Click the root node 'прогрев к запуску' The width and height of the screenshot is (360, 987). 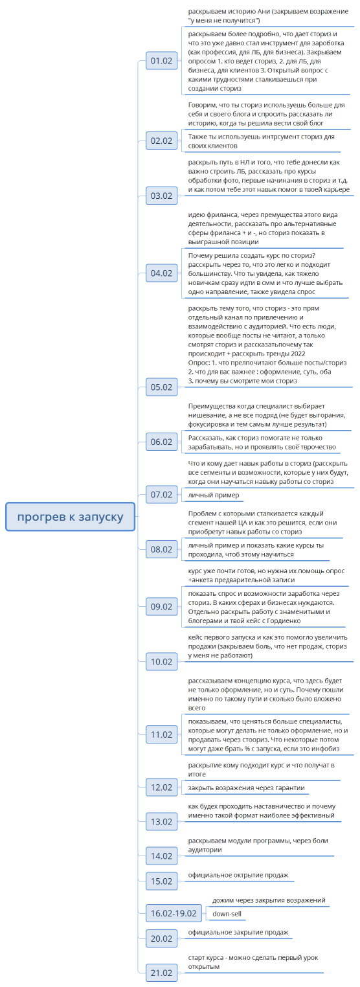tap(70, 516)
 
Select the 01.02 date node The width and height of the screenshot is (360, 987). tap(161, 61)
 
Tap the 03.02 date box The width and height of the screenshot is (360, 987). tap(161, 196)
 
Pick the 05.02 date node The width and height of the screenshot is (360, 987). tap(161, 387)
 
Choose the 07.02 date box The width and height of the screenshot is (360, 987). tap(161, 495)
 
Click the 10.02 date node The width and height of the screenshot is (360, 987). tap(161, 661)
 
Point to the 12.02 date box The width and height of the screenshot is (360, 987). tap(161, 788)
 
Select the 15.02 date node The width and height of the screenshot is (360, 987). tap(161, 881)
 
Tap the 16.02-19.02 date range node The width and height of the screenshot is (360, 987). tap(173, 913)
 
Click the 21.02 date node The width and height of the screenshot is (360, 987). tap(161, 973)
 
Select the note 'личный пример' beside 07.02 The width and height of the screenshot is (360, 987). tap(213, 495)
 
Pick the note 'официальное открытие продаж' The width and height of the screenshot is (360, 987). tap(238, 875)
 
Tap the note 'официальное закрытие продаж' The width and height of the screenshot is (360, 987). tap(238, 932)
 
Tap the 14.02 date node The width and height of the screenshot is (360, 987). tap(161, 856)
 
